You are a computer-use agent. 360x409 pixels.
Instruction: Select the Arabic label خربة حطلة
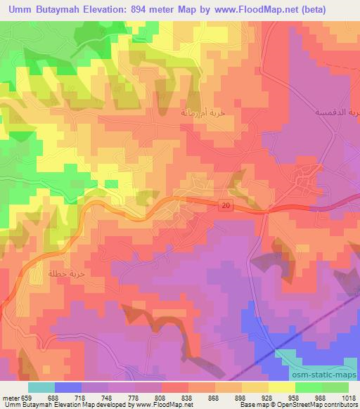(61, 273)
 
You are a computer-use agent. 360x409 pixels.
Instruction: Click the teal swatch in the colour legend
(41, 387)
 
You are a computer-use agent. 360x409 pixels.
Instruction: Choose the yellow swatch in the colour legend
(281, 387)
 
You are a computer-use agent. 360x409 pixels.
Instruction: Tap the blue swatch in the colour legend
(68, 387)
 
